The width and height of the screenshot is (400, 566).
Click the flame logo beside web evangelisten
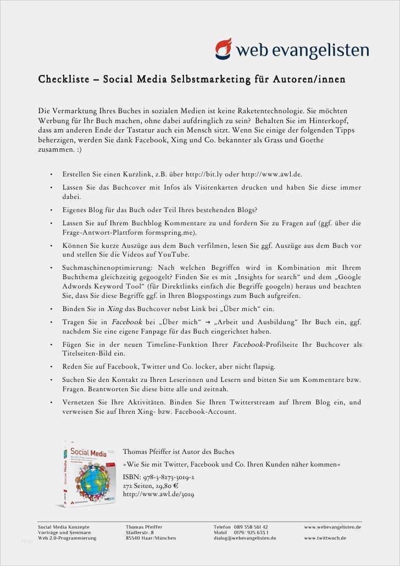point(224,48)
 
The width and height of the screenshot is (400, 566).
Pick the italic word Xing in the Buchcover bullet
point(115,309)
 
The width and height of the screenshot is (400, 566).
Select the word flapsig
point(262,367)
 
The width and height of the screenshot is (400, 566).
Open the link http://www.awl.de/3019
point(158,494)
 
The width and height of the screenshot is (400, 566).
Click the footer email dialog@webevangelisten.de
point(245,538)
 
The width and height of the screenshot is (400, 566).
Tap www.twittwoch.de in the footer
point(325,538)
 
